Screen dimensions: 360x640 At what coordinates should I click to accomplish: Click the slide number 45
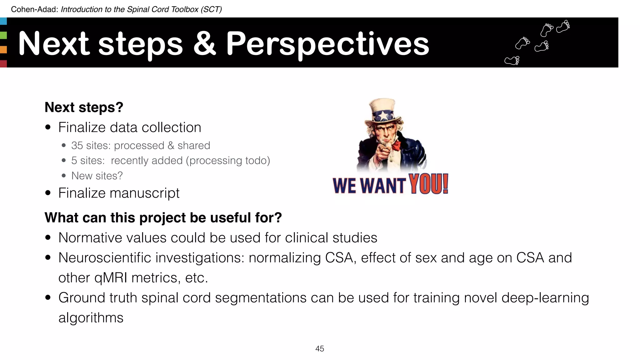(x=320, y=349)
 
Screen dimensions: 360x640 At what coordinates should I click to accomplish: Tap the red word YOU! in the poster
(x=429, y=184)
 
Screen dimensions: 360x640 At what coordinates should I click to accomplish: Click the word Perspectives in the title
(x=327, y=44)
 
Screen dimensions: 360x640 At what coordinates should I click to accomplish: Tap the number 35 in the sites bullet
(x=77, y=146)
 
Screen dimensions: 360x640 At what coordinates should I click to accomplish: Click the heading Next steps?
(x=84, y=107)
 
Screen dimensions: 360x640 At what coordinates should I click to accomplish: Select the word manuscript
(x=144, y=193)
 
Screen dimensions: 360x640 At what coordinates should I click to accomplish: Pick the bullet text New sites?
(x=97, y=176)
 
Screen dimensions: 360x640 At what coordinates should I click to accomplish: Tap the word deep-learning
(x=545, y=298)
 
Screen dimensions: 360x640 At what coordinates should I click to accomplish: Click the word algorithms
(x=91, y=318)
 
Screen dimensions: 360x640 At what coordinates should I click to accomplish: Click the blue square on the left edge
(x=3, y=21)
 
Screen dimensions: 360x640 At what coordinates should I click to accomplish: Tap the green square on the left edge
(x=3, y=35)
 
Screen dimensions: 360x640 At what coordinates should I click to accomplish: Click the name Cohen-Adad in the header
(x=34, y=9)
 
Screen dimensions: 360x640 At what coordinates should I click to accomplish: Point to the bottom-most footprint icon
(x=512, y=60)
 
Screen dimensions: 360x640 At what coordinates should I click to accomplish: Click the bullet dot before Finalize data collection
(x=48, y=127)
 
